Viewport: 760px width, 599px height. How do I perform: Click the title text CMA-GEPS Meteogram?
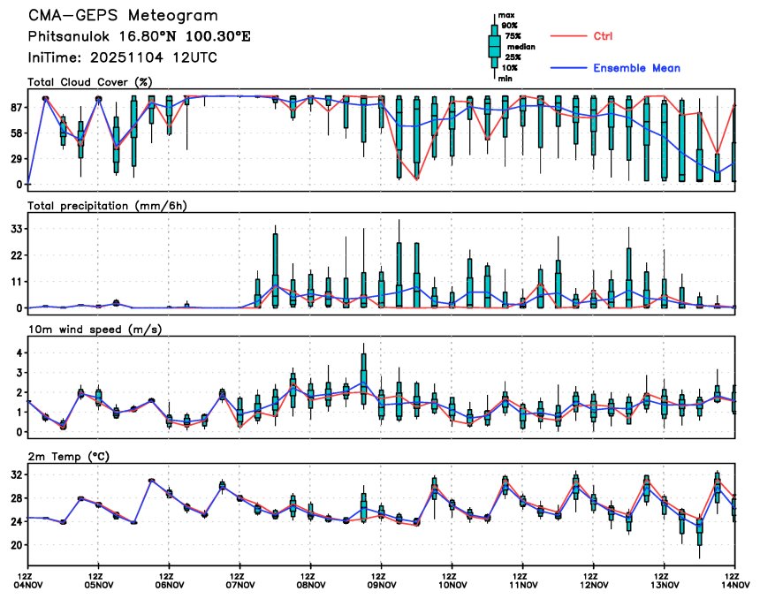123,16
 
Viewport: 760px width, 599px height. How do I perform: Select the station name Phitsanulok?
69,37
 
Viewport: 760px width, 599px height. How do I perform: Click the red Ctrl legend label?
599,36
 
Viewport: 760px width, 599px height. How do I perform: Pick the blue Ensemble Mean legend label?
636,68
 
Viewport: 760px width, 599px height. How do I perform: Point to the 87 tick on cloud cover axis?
16,107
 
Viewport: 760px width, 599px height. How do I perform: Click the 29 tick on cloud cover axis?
16,159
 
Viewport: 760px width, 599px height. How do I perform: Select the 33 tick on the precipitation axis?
16,229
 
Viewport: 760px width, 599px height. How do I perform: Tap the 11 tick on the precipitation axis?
16,282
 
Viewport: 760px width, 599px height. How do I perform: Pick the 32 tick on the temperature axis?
16,474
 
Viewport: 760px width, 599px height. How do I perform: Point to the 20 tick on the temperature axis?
16,546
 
